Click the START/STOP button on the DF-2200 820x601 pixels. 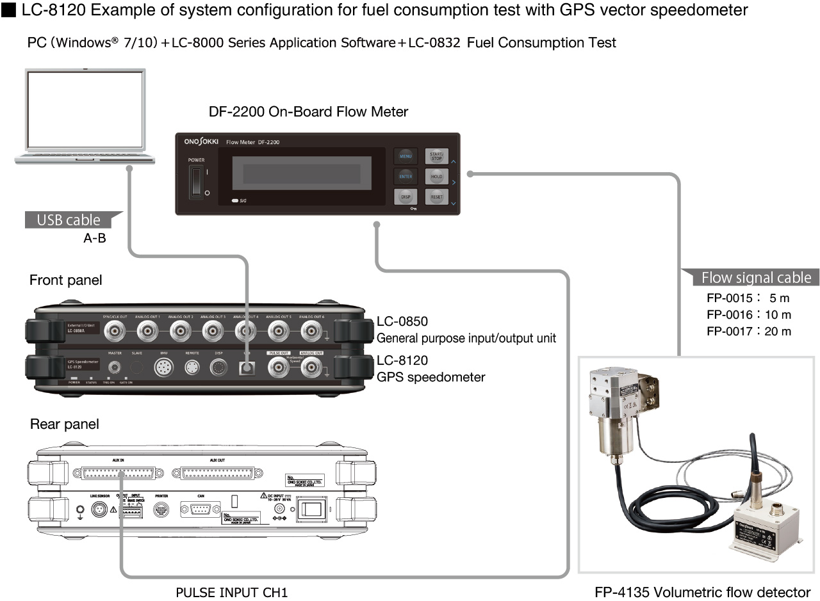(436, 156)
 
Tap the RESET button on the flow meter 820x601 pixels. (436, 197)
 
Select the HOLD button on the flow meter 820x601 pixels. (436, 177)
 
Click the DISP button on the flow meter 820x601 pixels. (406, 197)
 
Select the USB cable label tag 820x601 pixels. (69, 220)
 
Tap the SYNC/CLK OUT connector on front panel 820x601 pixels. (115, 330)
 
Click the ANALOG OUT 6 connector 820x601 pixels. (311, 330)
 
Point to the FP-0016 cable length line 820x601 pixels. (748, 314)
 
